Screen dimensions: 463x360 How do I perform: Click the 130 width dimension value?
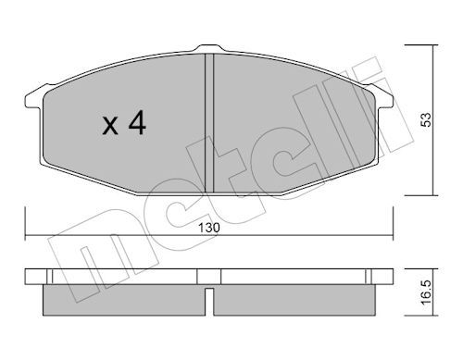[x=209, y=228]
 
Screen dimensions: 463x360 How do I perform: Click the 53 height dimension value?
[x=426, y=119]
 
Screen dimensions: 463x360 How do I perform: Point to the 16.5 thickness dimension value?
[x=426, y=292]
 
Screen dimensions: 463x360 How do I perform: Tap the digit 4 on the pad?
[x=137, y=122]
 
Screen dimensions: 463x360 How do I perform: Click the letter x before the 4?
[x=110, y=126]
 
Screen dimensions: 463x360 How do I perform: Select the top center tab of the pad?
[x=209, y=48]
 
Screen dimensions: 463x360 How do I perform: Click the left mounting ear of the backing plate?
[x=33, y=98]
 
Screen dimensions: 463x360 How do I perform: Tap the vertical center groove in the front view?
[x=209, y=123]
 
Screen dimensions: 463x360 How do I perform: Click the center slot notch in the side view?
[x=209, y=302]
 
